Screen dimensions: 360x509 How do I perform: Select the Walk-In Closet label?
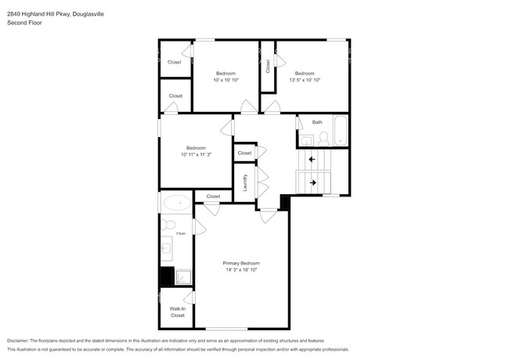coord(178,311)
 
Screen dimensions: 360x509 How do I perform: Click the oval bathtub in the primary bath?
coord(176,203)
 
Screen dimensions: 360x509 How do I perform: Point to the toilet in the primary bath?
coord(168,225)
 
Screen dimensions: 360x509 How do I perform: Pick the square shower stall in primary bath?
coord(182,276)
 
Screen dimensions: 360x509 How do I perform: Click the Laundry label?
coord(245,182)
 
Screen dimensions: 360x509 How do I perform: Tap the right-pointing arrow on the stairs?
coord(313,183)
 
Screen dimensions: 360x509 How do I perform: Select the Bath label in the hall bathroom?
coord(317,122)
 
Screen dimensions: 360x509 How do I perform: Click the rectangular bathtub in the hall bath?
coord(341,131)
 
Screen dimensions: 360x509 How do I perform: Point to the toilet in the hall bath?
coord(323,139)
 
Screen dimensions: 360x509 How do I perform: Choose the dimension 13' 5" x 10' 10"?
coord(305,80)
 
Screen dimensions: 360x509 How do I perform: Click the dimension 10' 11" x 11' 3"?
coord(196,155)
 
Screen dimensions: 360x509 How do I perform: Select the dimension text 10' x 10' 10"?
coord(226,80)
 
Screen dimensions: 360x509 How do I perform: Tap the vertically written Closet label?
coord(267,67)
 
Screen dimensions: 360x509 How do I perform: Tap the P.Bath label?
coord(180,234)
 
